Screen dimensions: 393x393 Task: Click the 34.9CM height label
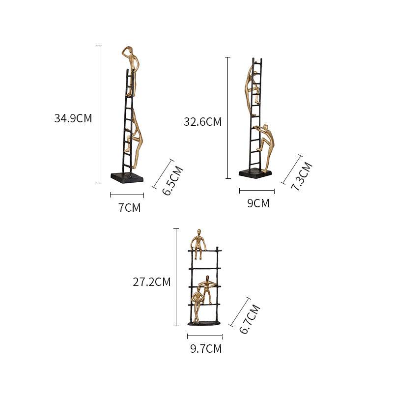[x=73, y=118]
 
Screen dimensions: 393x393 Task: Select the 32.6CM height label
[x=202, y=122]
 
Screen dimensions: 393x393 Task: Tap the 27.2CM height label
[x=151, y=282]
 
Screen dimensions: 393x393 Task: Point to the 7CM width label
[x=129, y=208]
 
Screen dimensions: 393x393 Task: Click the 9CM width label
[x=258, y=203]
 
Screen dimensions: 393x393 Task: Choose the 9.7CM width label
[x=206, y=349]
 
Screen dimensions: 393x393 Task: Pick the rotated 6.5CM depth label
[x=173, y=181]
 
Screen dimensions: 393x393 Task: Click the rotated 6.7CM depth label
[x=249, y=319]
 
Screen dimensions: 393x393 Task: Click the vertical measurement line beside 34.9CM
[x=99, y=114]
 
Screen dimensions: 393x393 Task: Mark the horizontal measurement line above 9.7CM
[x=205, y=337]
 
